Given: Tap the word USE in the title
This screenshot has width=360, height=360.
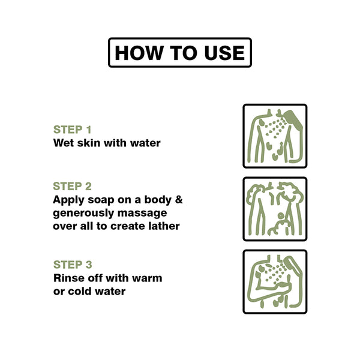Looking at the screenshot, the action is point(224,53).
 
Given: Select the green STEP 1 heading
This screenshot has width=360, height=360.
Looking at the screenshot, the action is point(73,130).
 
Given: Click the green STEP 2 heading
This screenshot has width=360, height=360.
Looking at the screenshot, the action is point(73,186).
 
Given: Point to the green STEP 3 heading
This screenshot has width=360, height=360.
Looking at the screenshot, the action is point(73,265).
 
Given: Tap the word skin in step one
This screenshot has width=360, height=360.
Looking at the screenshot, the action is point(89,143).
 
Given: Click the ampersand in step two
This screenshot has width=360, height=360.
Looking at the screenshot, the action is point(179,200).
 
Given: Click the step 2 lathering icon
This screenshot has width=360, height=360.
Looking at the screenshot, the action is point(275,209).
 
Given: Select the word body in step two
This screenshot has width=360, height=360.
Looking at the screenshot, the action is point(158,200).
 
